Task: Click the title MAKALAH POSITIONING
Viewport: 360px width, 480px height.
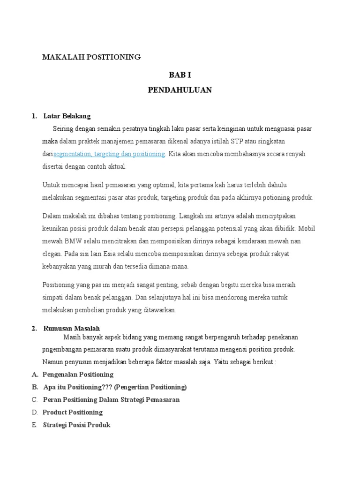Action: [x=91, y=57]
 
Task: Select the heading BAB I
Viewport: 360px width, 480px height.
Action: [x=180, y=75]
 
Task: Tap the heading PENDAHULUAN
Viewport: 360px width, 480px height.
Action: [x=180, y=90]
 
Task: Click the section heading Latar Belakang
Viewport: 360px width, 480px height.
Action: [x=67, y=116]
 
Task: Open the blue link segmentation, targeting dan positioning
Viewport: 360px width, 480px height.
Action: [x=109, y=154]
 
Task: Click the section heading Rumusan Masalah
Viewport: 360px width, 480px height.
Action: [x=71, y=329]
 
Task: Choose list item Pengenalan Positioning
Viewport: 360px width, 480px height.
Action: [x=78, y=375]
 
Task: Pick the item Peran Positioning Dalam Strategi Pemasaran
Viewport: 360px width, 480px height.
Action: [x=111, y=400]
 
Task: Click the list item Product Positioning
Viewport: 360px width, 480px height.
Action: [x=73, y=412]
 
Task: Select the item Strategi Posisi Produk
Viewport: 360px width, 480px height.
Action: [x=76, y=425]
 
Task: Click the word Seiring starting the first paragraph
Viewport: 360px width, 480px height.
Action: [x=63, y=128]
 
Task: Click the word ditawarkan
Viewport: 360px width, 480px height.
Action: [x=159, y=310]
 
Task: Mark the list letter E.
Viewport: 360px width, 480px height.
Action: [x=35, y=425]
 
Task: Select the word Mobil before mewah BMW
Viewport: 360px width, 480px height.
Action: [x=307, y=228]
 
